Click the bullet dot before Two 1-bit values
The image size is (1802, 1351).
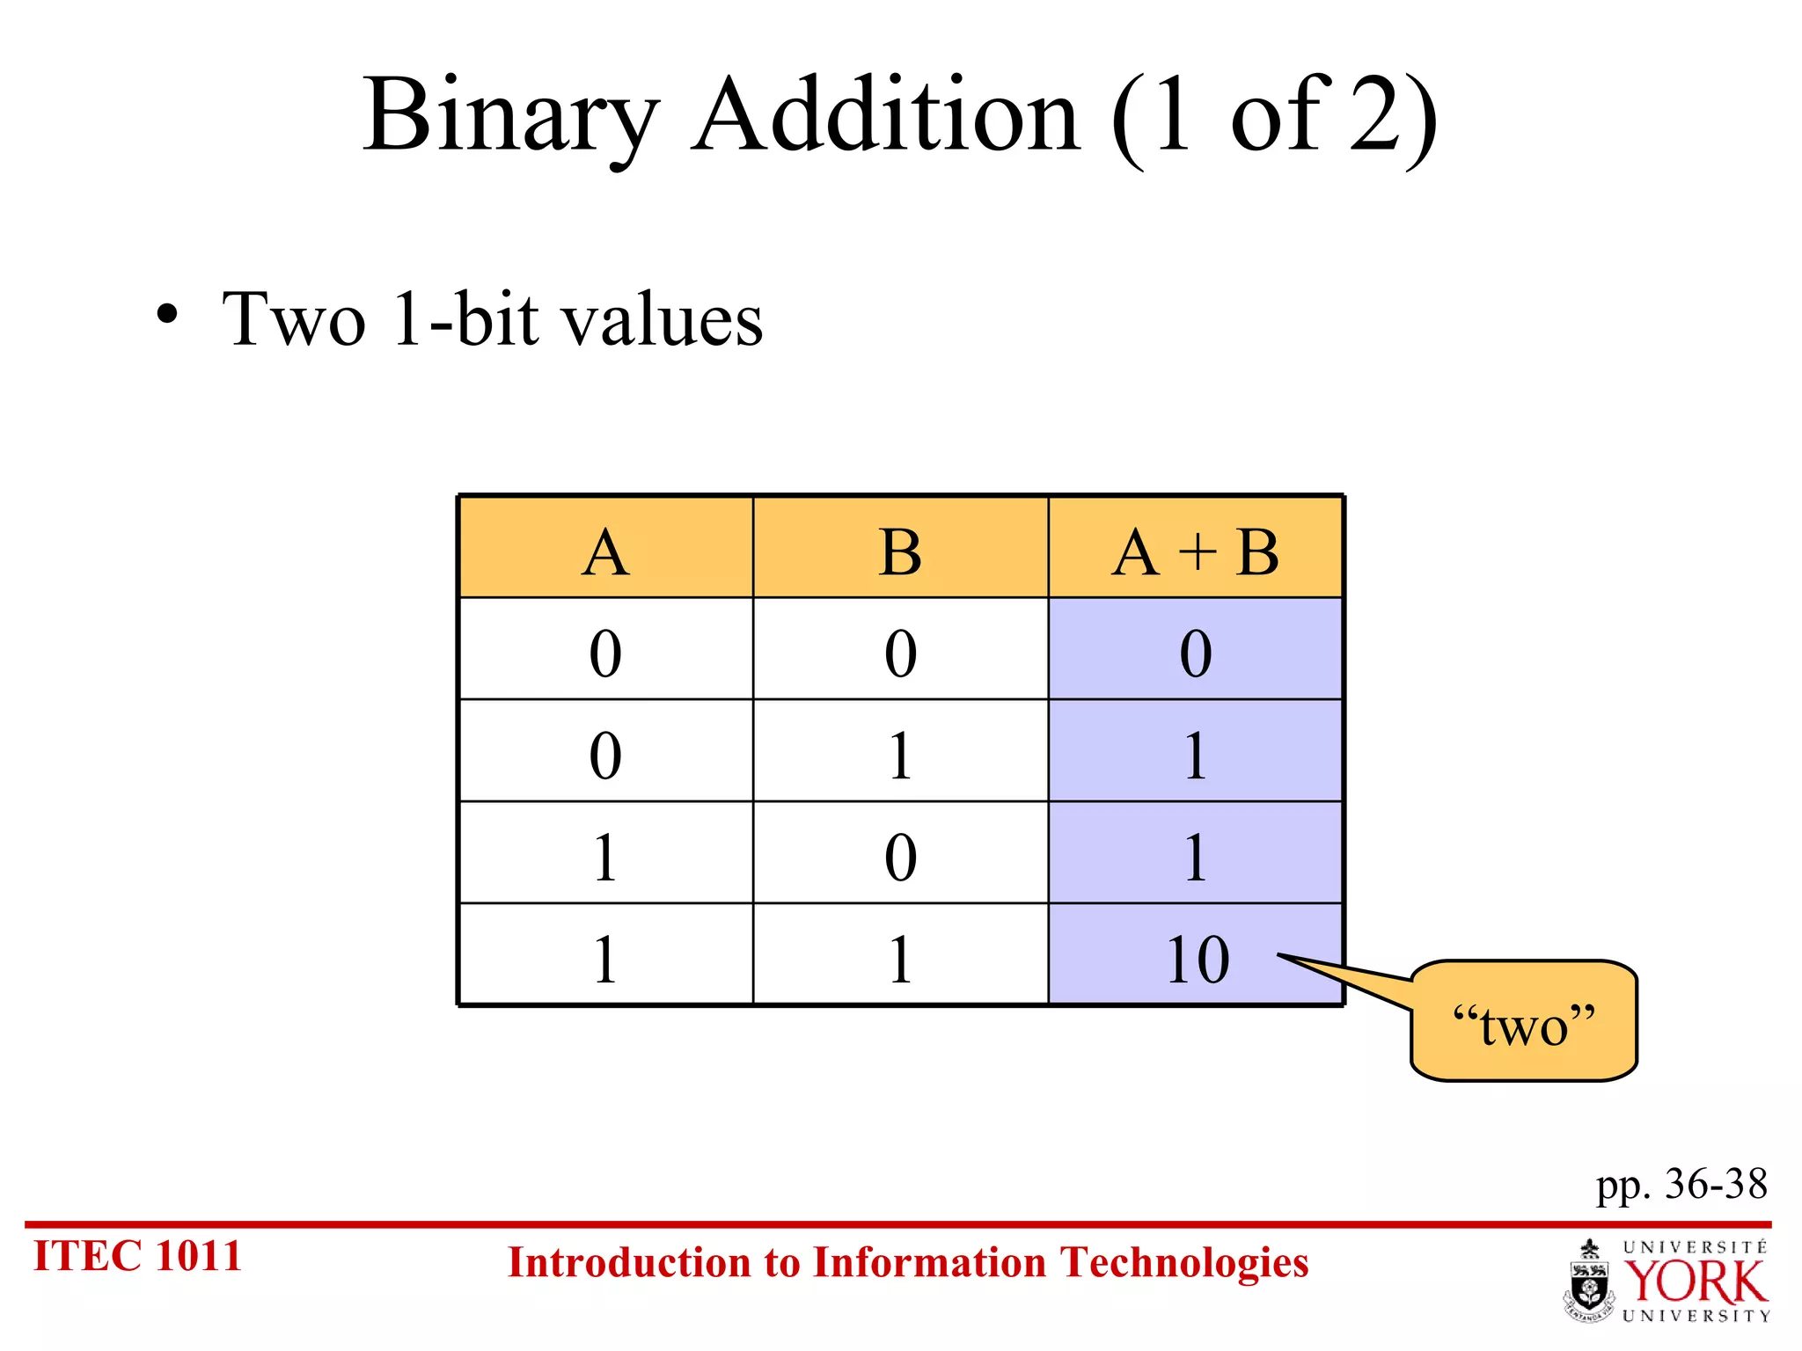pos(167,315)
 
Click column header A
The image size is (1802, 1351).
pos(605,552)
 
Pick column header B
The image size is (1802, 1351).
pos(900,552)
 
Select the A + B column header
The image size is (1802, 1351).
pos(1195,552)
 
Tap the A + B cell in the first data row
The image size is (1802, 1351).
pos(1195,653)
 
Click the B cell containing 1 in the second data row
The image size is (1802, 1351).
pos(900,755)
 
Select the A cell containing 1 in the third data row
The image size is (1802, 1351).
pos(605,856)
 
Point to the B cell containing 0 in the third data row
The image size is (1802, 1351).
pos(900,856)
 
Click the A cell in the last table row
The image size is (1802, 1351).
pos(605,959)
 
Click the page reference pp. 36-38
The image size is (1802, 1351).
pos(1681,1184)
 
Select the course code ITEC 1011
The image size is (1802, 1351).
pos(137,1256)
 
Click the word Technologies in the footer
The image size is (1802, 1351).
pos(1183,1263)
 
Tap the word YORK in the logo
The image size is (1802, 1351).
pos(1695,1282)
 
